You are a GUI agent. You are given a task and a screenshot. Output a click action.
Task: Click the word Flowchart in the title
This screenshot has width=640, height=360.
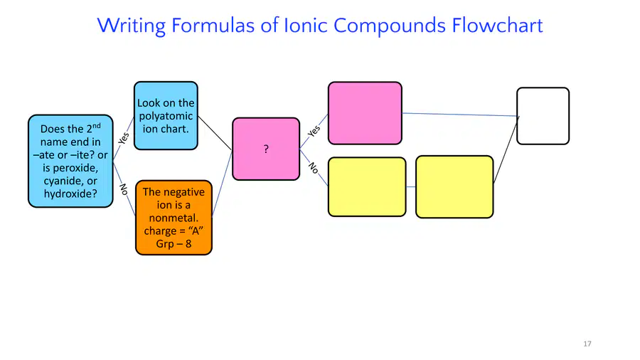click(x=497, y=26)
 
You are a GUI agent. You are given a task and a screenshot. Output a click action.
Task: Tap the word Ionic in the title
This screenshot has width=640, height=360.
click(x=306, y=26)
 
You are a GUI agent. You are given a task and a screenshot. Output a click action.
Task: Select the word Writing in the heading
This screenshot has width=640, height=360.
click(x=132, y=26)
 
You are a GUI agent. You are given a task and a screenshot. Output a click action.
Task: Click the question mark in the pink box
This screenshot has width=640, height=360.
click(x=266, y=149)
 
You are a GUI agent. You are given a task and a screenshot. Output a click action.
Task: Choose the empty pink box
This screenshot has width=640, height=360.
click(x=365, y=113)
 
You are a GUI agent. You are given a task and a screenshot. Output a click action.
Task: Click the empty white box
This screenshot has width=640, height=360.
click(x=543, y=116)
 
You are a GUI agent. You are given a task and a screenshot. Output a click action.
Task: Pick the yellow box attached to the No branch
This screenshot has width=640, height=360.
click(x=367, y=187)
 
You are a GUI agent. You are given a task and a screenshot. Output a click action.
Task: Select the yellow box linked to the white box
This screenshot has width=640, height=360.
click(x=454, y=187)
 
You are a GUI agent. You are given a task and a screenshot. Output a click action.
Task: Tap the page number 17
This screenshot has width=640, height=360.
click(x=587, y=344)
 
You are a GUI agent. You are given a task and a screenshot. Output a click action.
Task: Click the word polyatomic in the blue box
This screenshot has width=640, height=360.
click(x=166, y=117)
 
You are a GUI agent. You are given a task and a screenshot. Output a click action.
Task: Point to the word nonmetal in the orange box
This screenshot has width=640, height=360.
click(x=173, y=218)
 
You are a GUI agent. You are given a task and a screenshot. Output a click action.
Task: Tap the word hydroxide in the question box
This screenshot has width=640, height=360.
click(x=70, y=194)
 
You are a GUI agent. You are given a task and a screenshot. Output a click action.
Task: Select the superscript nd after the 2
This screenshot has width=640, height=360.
click(x=96, y=126)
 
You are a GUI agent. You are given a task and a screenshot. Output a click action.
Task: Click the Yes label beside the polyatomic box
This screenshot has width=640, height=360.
click(x=124, y=138)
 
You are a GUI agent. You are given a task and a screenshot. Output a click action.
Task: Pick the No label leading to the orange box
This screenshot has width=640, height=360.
click(x=124, y=189)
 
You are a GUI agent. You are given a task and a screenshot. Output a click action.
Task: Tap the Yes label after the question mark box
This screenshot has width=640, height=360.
click(x=314, y=131)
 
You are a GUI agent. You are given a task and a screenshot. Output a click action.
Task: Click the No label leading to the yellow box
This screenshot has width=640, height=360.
click(x=314, y=168)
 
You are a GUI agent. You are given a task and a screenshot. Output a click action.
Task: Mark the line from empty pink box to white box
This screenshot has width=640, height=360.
click(x=460, y=115)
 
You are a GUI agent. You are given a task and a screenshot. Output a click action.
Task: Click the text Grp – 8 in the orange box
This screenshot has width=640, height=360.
click(x=174, y=244)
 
